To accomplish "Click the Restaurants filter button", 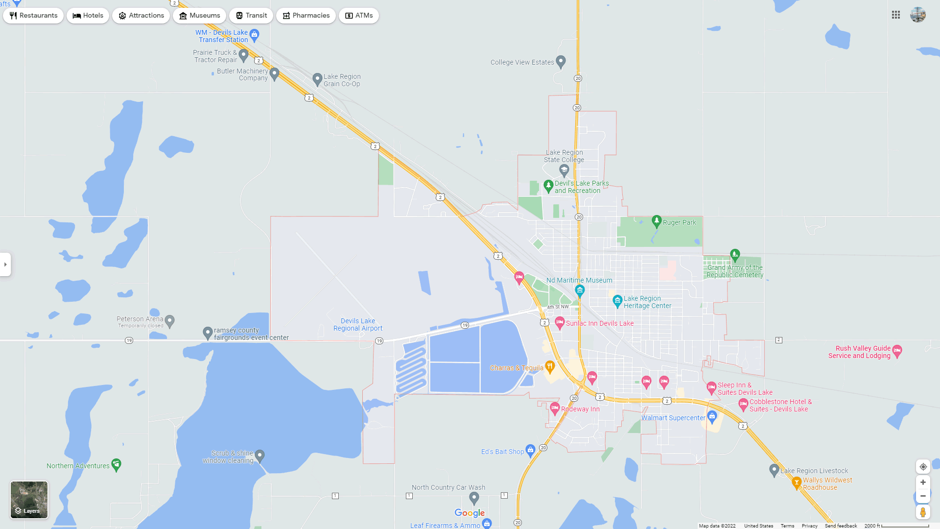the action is [33, 16].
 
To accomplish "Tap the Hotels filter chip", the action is [88, 16].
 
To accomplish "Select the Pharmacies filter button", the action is [306, 16].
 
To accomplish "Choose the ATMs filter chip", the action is [359, 16].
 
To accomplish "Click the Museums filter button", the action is [199, 16].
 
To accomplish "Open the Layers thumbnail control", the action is [29, 500].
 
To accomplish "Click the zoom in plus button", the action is [923, 482].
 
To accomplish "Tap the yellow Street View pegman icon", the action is [923, 512].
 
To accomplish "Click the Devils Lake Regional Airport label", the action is [358, 325].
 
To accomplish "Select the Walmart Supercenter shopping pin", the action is [712, 417].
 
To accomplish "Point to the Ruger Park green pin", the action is [657, 221].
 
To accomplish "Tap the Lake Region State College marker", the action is [564, 170].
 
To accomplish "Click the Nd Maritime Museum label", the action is [579, 280].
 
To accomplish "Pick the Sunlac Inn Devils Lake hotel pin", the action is [560, 322].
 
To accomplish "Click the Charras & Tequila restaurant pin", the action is [550, 366].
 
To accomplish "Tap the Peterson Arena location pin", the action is [170, 321].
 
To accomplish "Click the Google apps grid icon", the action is [896, 15].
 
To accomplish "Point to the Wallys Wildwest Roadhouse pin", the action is [797, 482].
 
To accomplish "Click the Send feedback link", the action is [841, 526].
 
